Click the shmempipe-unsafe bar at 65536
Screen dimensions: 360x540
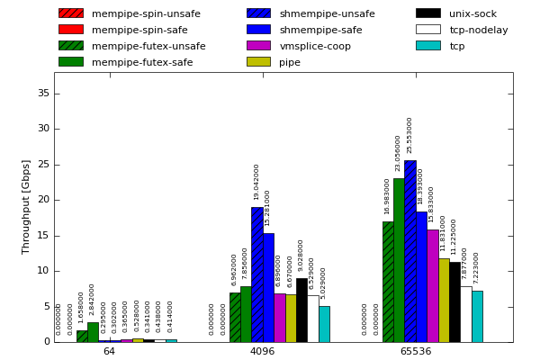409,251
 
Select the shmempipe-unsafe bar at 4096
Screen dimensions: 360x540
256,274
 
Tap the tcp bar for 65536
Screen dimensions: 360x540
477,316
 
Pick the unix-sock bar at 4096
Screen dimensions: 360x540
301,310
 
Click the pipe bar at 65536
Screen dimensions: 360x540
444,300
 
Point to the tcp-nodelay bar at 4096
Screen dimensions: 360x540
312,319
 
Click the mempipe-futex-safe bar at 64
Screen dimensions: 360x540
93,332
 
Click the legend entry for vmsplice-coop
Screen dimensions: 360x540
315,46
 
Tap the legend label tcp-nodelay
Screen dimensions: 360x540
479,30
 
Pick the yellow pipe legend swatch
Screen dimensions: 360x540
258,62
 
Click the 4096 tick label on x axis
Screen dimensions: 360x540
262,351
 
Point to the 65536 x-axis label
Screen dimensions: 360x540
416,351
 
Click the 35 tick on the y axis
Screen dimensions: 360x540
43,94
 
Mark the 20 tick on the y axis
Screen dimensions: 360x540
43,200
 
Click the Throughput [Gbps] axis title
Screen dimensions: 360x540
26,207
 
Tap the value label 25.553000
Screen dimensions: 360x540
410,135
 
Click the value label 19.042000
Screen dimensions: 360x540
256,182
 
